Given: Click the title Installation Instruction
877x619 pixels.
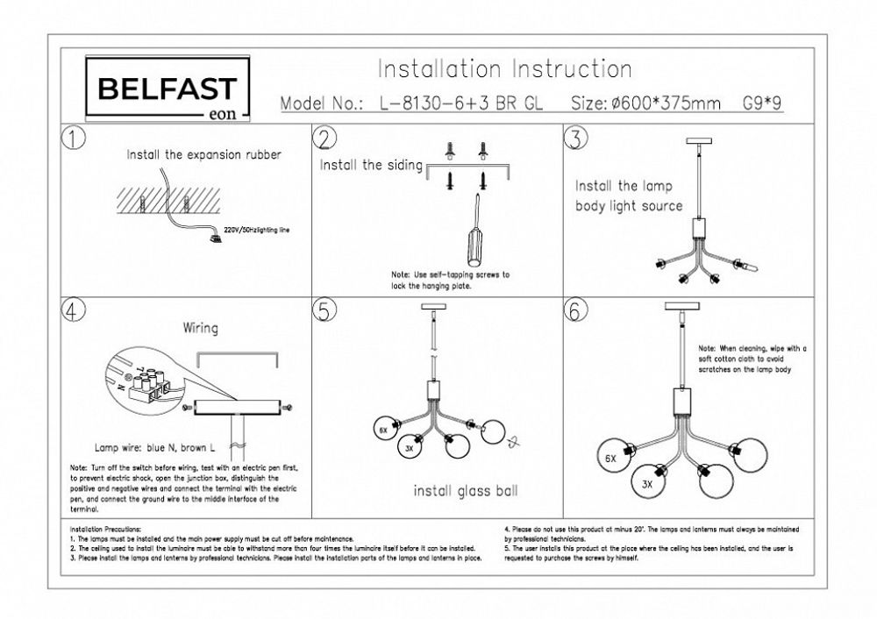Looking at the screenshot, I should [503, 69].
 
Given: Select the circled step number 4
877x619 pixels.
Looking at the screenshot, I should [73, 311].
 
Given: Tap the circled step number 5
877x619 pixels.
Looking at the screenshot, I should [325, 311].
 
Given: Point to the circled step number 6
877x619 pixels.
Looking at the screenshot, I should [575, 311].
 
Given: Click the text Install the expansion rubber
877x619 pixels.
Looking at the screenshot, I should [203, 154].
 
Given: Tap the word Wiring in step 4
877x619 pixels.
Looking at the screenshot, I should [200, 329].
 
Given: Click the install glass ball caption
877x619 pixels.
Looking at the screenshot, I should [465, 491].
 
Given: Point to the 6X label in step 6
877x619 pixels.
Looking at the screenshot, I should [610, 458].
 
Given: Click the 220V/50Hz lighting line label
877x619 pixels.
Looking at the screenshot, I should [257, 229].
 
